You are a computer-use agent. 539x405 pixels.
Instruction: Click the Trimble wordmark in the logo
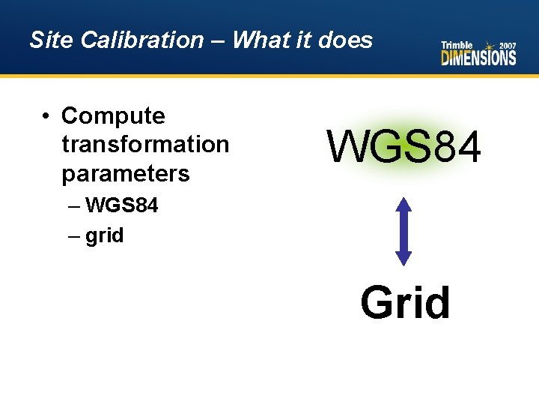pos(457,45)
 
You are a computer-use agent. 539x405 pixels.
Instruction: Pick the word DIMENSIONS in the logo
pos(478,58)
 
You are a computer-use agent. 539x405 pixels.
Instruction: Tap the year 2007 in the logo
pos(506,45)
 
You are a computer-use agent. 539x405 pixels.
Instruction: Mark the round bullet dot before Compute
pos(46,116)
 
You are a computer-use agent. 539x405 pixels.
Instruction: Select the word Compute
pos(113,116)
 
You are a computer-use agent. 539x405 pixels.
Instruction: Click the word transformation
pos(145,144)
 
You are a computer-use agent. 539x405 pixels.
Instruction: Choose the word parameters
pos(126,173)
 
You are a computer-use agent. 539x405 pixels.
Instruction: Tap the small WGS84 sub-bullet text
pos(122,205)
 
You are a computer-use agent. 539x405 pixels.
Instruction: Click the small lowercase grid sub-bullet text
pos(104,235)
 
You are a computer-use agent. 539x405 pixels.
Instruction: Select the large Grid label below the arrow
pos(405,302)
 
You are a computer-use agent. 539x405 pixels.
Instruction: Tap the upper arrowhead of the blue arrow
pos(404,205)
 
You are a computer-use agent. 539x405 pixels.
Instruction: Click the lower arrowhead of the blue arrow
pos(404,257)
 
